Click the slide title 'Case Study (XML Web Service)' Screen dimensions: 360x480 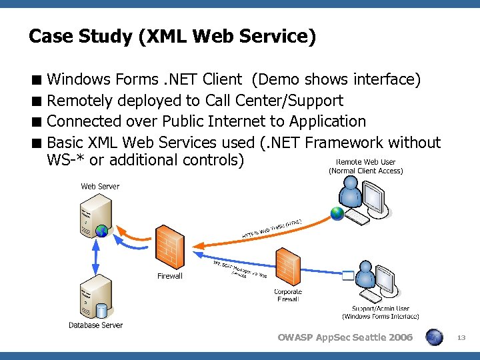tap(172, 36)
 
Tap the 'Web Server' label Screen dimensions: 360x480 tap(100, 186)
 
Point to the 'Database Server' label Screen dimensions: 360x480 tap(95, 325)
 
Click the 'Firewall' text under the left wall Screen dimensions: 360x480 tap(169, 276)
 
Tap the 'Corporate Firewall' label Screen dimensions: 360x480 tap(288, 295)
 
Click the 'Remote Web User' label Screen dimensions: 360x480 tap(365, 162)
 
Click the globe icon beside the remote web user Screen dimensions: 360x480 tap(337, 213)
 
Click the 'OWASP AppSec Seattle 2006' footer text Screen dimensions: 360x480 tap(345, 337)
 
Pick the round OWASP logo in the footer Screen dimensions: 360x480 tap(434, 337)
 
